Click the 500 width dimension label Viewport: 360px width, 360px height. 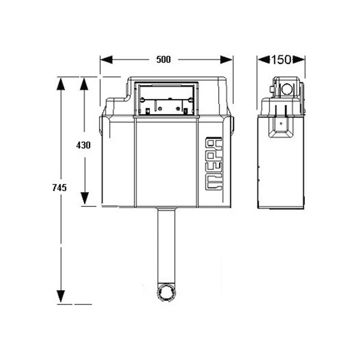pos(163,59)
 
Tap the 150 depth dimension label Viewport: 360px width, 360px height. pos(281,59)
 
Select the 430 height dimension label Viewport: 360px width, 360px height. pos(83,145)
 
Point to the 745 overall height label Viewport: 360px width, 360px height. pos(59,188)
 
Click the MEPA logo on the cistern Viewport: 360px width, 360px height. pos(214,164)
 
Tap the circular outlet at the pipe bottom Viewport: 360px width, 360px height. pos(166,293)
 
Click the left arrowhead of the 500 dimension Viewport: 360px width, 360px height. pos(106,59)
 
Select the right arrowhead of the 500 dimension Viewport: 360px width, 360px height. pos(226,59)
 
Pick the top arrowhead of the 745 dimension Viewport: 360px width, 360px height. pos(61,84)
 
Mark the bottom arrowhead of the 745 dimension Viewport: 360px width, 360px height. pos(61,296)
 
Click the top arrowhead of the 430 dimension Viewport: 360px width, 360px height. pos(85,84)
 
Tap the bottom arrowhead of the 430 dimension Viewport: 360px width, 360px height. pos(85,199)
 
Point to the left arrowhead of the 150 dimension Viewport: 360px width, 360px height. pos(263,59)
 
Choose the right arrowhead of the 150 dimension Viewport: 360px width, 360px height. pos(298,59)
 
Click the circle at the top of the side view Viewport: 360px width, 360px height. pos(287,89)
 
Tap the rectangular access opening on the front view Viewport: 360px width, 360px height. pos(166,99)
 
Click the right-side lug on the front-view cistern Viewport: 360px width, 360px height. pos(232,125)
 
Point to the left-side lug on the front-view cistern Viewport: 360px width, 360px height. pos(101,125)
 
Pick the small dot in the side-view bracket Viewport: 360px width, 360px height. pos(281,123)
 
